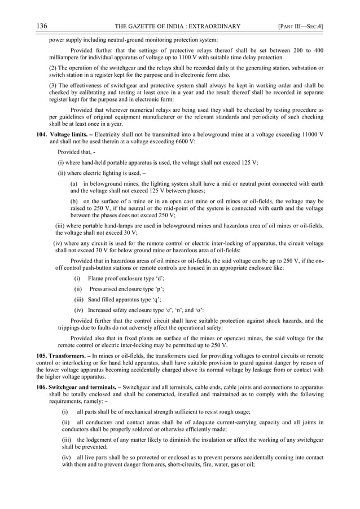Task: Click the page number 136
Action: coord(41,26)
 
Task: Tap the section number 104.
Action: coord(41,136)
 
